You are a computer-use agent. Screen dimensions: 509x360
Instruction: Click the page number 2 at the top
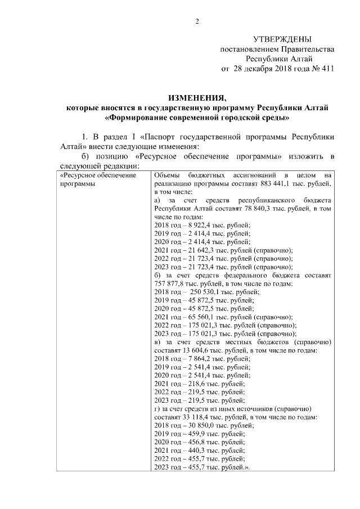[x=197, y=21]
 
